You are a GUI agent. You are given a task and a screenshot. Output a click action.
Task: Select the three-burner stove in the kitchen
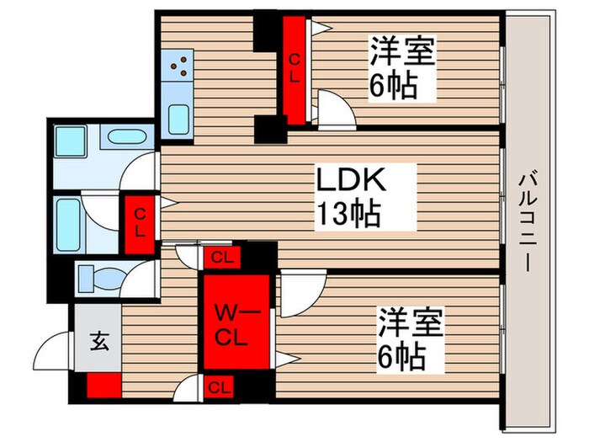click(179, 65)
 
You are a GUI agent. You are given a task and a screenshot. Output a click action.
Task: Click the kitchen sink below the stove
click(178, 118)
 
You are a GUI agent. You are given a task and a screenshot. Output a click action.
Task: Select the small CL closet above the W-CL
click(221, 258)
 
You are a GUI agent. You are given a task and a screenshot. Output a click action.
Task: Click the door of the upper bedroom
click(335, 109)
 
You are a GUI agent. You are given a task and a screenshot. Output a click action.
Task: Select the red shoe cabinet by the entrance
click(103, 386)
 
